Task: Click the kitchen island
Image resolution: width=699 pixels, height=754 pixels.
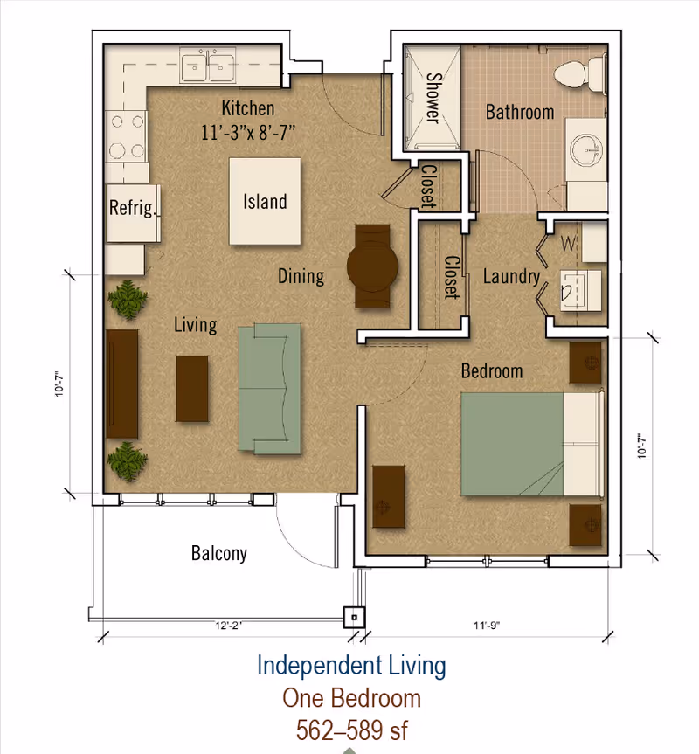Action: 265,202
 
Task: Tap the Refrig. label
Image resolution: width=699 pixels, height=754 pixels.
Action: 132,208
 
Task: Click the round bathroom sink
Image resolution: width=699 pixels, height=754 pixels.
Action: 585,150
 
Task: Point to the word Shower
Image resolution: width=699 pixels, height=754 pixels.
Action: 433,98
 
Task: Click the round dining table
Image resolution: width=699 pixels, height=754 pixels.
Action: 372,266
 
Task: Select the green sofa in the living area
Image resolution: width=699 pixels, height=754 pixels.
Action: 270,389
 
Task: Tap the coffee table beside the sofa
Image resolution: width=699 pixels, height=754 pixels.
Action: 192,389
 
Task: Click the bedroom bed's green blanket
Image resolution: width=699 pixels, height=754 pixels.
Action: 512,444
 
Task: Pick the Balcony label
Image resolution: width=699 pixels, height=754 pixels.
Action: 219,553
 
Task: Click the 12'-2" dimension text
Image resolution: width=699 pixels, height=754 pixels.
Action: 228,626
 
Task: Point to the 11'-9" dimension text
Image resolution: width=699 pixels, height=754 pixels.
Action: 487,625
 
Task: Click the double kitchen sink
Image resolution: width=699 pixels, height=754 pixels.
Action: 208,65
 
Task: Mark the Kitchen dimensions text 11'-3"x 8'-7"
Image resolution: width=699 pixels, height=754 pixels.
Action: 248,132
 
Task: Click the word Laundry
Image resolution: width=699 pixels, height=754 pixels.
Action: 511,276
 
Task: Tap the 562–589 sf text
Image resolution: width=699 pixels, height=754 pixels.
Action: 352,730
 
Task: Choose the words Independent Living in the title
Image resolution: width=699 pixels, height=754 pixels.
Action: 351,666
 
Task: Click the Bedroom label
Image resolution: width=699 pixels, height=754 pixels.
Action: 492,370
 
